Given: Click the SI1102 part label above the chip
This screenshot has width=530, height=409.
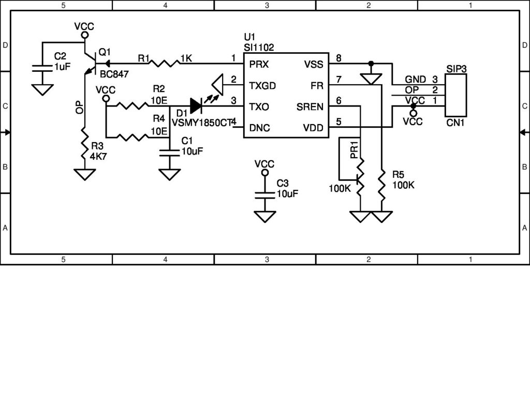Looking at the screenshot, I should (x=258, y=47).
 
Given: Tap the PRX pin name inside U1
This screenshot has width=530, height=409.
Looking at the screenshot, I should (x=259, y=65).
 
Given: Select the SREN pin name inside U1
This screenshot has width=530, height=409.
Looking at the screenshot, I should (x=310, y=107).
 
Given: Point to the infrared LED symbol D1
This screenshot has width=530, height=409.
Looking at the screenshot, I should (x=197, y=106).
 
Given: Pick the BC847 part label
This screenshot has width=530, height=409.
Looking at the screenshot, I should (x=114, y=74).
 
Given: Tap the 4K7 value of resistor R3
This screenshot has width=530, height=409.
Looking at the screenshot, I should (x=98, y=156).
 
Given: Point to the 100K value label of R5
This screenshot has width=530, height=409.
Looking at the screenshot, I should (x=403, y=185).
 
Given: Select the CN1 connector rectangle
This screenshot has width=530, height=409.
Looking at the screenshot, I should (x=455, y=95).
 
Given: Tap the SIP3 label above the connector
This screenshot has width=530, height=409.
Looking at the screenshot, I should (x=456, y=69).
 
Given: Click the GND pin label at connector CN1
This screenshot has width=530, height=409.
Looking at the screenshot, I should (x=415, y=80).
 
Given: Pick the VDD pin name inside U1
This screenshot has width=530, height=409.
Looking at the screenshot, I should (x=313, y=128).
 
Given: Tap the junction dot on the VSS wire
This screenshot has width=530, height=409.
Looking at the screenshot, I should (x=371, y=64).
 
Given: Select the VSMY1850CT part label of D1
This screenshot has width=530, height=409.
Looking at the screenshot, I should (x=201, y=123).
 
